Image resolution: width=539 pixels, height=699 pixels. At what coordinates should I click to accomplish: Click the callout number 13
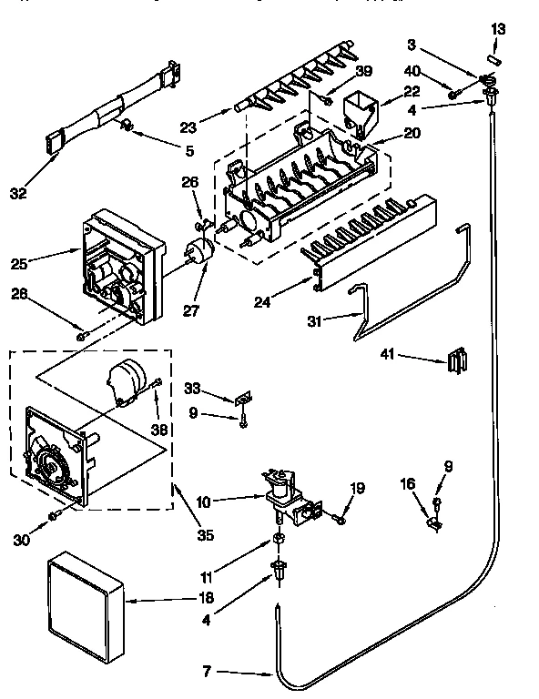click(x=497, y=30)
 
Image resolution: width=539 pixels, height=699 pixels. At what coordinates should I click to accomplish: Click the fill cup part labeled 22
click(x=360, y=113)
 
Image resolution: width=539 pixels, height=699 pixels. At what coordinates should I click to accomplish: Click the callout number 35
click(x=206, y=535)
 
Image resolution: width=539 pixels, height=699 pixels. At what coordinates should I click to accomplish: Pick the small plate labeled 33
click(x=243, y=398)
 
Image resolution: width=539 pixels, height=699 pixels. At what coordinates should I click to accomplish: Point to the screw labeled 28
click(x=82, y=336)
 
